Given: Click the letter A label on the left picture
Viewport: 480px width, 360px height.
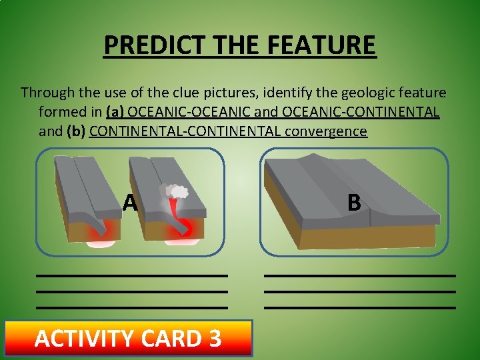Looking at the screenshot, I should pyautogui.click(x=130, y=202).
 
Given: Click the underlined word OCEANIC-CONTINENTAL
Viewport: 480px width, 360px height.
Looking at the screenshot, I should pyautogui.click(x=361, y=112).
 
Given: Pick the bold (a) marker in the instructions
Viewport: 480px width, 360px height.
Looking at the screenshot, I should pyautogui.click(x=115, y=112).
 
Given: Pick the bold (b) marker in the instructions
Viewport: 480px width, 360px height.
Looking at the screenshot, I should pyautogui.click(x=76, y=131).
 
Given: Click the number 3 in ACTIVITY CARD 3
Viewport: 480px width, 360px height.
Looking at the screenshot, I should pyautogui.click(x=215, y=339).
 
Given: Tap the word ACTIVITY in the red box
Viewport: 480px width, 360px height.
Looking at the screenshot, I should pyautogui.click(x=83, y=339).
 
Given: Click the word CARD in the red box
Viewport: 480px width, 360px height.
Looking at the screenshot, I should pyautogui.click(x=169, y=339).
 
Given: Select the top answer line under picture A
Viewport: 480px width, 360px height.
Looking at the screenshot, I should pyautogui.click(x=132, y=275).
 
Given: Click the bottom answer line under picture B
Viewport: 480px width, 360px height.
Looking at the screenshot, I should pyautogui.click(x=360, y=307).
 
